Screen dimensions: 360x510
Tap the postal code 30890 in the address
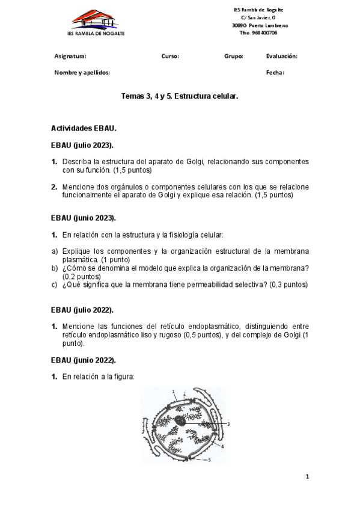239,26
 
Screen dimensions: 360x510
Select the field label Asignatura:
70,56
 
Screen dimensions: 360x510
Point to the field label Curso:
170,56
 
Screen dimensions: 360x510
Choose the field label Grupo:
234,56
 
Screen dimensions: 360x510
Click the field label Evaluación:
281,56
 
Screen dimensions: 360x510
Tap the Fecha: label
275,72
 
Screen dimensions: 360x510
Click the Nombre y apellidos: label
82,72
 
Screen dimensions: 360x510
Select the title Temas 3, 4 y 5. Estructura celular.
180,96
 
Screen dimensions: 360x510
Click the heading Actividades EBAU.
84,128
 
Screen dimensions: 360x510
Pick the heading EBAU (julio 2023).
82,145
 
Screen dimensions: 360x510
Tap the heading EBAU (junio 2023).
84,218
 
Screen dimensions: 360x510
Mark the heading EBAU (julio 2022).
82,309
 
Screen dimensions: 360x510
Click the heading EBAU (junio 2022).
84,360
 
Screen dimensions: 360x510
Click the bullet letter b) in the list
54,268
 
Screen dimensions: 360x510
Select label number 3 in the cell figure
228,424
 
